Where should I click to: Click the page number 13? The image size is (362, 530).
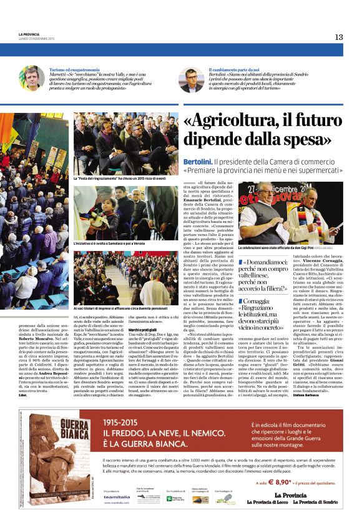pos(339,37)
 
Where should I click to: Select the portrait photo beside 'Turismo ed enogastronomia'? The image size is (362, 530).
pos(31,79)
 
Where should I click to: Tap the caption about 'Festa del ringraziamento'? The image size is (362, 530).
pos(127,179)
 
